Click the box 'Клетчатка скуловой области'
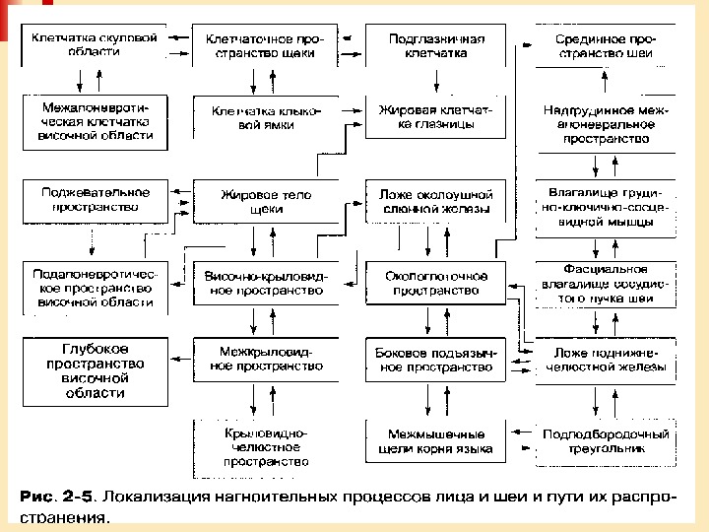pos(95,45)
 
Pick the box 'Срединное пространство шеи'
pos(601,45)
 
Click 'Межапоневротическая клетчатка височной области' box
pos(95,119)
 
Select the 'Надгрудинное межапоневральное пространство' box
pos(601,125)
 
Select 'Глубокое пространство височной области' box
pos(95,370)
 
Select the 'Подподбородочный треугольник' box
pos(601,441)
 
